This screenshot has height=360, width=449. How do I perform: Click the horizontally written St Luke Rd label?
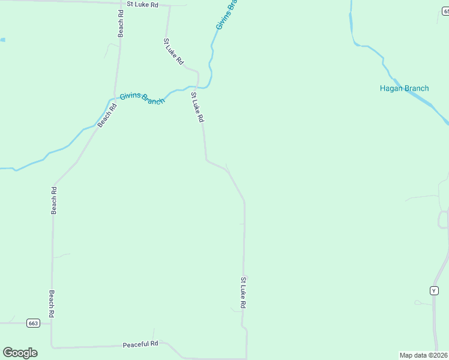click(x=142, y=5)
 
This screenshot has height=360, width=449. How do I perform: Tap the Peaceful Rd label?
click(x=140, y=344)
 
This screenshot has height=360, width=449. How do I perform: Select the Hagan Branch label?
click(x=404, y=88)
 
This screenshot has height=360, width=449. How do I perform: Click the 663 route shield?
click(x=33, y=323)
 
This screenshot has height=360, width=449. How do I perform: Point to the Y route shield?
click(x=434, y=290)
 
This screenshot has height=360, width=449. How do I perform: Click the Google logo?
click(x=20, y=353)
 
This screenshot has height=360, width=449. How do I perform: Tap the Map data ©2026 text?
click(x=424, y=355)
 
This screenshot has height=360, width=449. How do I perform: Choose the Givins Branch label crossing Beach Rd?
click(x=142, y=98)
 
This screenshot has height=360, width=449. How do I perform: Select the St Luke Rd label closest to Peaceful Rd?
click(x=243, y=292)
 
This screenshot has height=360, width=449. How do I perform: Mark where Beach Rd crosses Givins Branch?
click(x=112, y=99)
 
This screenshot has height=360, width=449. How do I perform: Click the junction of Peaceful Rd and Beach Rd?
click(x=52, y=347)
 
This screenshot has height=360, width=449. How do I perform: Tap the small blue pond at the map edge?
click(x=2, y=40)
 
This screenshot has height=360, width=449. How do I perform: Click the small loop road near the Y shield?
click(x=443, y=220)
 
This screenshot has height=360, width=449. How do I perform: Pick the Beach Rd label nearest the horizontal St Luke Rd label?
click(x=121, y=28)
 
